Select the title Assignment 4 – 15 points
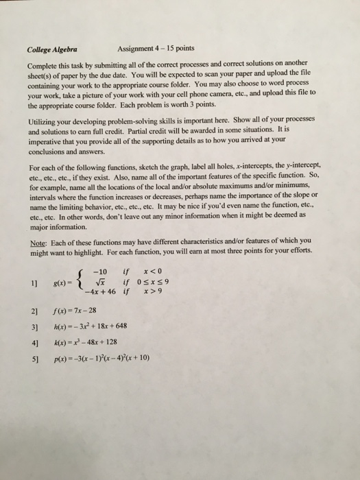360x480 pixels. tap(156, 49)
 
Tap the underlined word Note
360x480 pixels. tap(38, 240)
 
